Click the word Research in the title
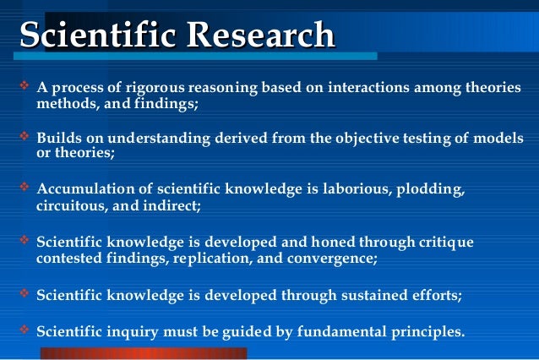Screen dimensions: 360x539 [261, 35]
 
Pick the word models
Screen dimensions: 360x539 [500, 139]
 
